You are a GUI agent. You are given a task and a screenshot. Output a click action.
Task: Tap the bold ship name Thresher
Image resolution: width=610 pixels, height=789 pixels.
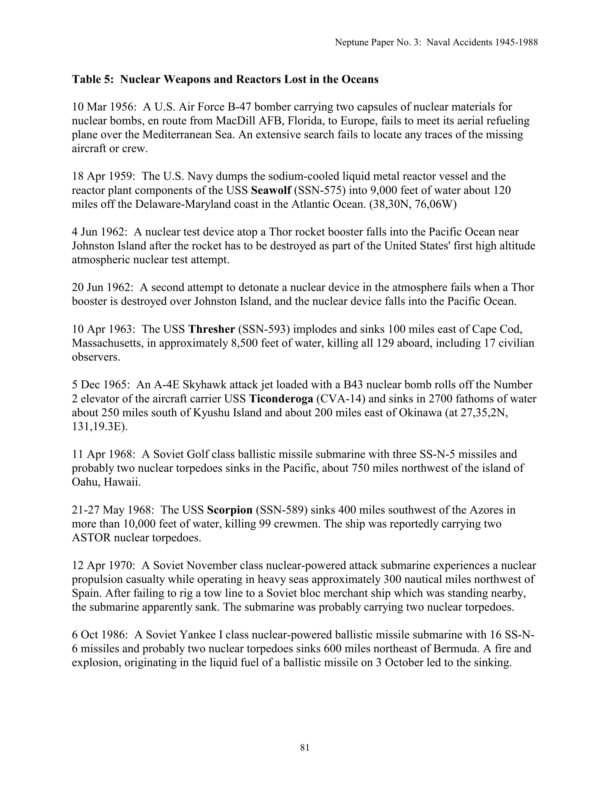click(x=212, y=329)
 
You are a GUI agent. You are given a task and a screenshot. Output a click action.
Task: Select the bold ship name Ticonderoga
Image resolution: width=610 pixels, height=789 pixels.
click(x=281, y=399)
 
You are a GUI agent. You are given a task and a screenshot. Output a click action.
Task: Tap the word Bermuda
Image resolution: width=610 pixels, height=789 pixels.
click(x=452, y=649)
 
